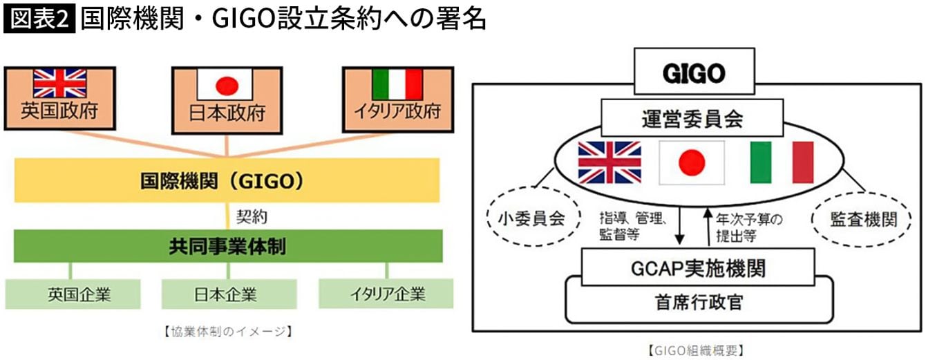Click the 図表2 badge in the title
pyautogui.click(x=39, y=19)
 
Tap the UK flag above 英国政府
pyautogui.click(x=59, y=83)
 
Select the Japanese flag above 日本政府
pyautogui.click(x=227, y=86)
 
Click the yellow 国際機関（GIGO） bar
pyautogui.click(x=227, y=181)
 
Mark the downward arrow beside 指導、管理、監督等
pyautogui.click(x=679, y=226)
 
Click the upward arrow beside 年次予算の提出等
pyautogui.click(x=707, y=226)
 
